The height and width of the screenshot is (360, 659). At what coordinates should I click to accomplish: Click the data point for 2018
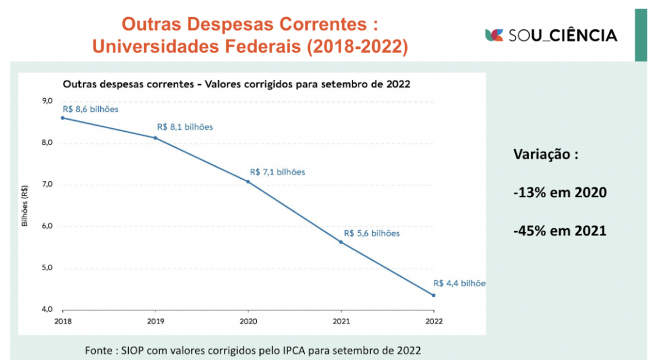click(62, 118)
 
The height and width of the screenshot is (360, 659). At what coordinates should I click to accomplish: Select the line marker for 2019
click(155, 138)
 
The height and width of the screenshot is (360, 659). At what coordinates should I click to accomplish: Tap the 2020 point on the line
click(248, 181)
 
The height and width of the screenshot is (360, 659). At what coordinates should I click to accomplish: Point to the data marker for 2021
click(341, 242)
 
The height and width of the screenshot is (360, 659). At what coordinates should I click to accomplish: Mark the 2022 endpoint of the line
click(434, 295)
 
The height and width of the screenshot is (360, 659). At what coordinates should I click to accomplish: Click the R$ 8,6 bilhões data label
click(90, 109)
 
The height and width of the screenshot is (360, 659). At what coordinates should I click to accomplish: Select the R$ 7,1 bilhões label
click(277, 172)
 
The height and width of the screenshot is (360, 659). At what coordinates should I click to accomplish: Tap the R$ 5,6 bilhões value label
click(372, 233)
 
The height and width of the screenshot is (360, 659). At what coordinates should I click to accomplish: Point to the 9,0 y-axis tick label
click(47, 101)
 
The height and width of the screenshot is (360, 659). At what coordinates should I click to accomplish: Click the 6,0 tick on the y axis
click(47, 226)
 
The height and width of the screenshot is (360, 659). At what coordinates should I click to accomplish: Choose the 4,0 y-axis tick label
click(47, 309)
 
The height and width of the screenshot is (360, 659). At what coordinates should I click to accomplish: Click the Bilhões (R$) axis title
click(25, 206)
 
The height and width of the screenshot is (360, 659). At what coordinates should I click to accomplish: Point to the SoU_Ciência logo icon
click(494, 35)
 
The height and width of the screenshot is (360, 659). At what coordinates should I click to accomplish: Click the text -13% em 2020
click(560, 193)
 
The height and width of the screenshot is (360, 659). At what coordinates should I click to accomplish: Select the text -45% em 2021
click(560, 231)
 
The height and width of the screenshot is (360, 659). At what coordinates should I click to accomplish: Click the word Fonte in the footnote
click(99, 350)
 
